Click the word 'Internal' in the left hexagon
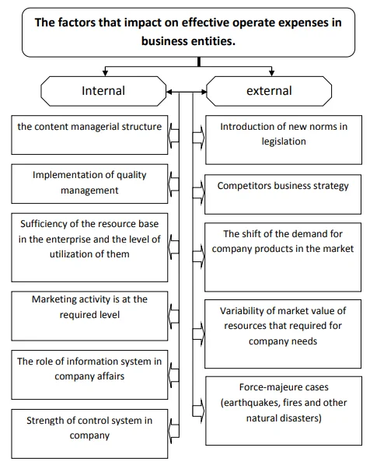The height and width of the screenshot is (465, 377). [x=103, y=91]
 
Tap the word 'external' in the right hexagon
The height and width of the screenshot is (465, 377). [x=269, y=91]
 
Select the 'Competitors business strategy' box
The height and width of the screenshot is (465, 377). [x=283, y=194]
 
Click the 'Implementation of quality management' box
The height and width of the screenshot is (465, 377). [x=89, y=184]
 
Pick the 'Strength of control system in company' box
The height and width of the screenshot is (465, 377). [x=89, y=434]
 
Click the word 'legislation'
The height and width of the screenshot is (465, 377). [x=284, y=142]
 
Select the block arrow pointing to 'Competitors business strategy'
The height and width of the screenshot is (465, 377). [x=198, y=193]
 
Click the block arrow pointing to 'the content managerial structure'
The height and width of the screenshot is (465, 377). [x=173, y=136]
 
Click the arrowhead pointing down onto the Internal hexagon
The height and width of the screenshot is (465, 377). [x=105, y=72]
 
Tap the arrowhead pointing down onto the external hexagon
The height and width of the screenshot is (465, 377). [x=271, y=72]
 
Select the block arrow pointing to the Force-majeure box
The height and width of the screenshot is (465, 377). [x=198, y=411]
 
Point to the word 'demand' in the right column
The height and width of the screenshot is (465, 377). [x=302, y=234]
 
